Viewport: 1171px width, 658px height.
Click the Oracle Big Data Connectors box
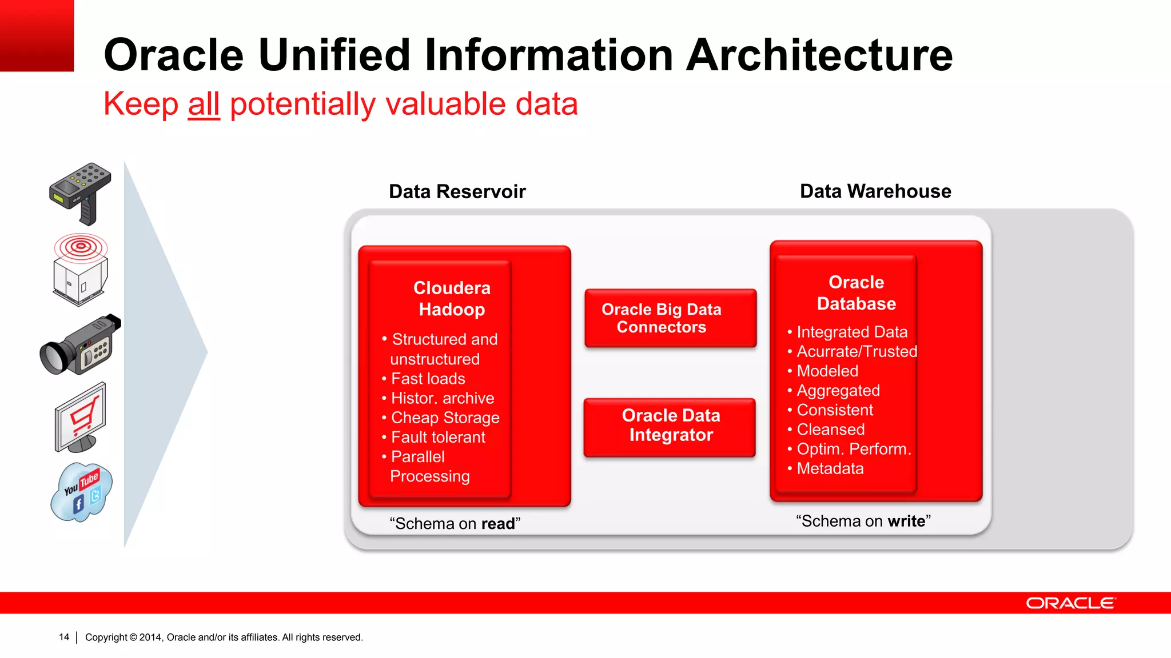click(670, 318)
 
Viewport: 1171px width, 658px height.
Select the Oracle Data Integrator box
click(670, 426)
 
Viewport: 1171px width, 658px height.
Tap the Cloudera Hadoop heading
click(452, 299)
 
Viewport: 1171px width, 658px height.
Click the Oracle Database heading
click(856, 293)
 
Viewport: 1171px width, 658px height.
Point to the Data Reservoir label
click(457, 191)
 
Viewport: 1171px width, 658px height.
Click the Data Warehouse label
click(875, 191)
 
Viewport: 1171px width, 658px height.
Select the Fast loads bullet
click(428, 379)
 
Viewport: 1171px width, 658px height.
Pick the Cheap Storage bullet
click(445, 418)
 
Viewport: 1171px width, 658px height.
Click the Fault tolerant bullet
click(438, 437)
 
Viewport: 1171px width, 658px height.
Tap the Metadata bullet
click(830, 468)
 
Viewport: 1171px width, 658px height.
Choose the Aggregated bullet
click(838, 391)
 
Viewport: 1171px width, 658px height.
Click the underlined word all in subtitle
click(204, 105)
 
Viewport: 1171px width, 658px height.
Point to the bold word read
click(498, 524)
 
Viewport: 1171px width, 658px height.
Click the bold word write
click(906, 521)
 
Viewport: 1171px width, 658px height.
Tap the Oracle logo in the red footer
click(1070, 603)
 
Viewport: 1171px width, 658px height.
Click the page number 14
click(64, 637)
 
